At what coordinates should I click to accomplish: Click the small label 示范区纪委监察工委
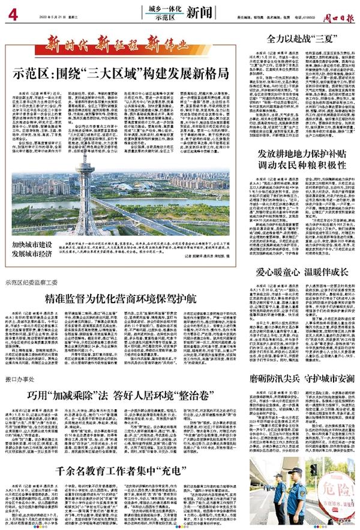pyautogui.click(x=34, y=282)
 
